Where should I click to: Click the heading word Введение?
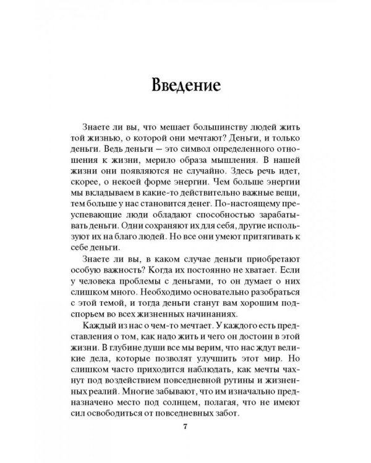185,85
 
